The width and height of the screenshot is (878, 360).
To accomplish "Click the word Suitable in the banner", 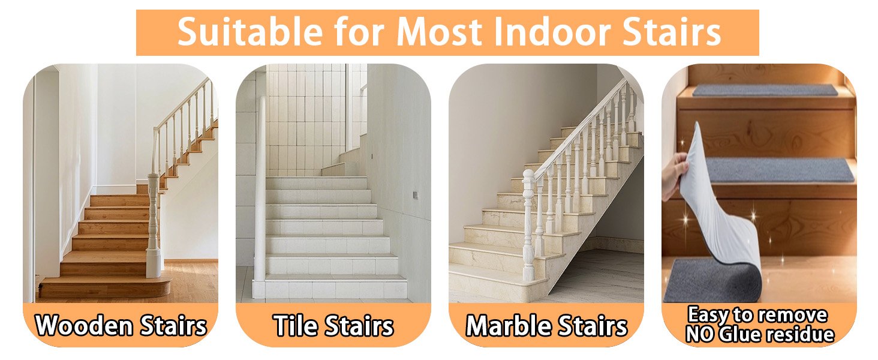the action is pyautogui.click(x=250, y=32).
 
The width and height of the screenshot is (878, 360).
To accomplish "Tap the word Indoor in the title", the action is pyautogui.click(x=552, y=32).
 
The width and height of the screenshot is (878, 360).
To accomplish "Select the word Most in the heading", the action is pyautogui.click(x=439, y=32).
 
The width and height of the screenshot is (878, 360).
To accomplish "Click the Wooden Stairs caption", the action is pyautogui.click(x=121, y=325).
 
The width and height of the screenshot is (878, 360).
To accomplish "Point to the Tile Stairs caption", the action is pyautogui.click(x=333, y=325).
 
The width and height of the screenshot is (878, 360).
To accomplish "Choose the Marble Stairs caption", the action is pyautogui.click(x=546, y=325).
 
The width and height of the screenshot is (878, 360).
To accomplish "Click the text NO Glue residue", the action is pyautogui.click(x=760, y=335).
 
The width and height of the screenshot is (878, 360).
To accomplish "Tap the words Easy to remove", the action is pyautogui.click(x=757, y=315).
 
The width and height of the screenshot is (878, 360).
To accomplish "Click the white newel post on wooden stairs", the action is pyautogui.click(x=154, y=226).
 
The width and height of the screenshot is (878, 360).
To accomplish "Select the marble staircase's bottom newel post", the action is pyautogui.click(x=529, y=224).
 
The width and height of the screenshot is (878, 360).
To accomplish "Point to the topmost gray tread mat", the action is pyautogui.click(x=765, y=90).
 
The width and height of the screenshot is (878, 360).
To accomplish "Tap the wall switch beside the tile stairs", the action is pyautogui.click(x=415, y=195).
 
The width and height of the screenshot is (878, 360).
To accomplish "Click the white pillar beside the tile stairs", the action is pyautogui.click(x=260, y=188).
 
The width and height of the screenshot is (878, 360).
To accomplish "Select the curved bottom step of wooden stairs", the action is pyautogui.click(x=106, y=287).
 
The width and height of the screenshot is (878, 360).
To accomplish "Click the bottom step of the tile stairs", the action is pyautogui.click(x=329, y=288).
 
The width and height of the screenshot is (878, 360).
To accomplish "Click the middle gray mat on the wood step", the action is pyautogui.click(x=780, y=170).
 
